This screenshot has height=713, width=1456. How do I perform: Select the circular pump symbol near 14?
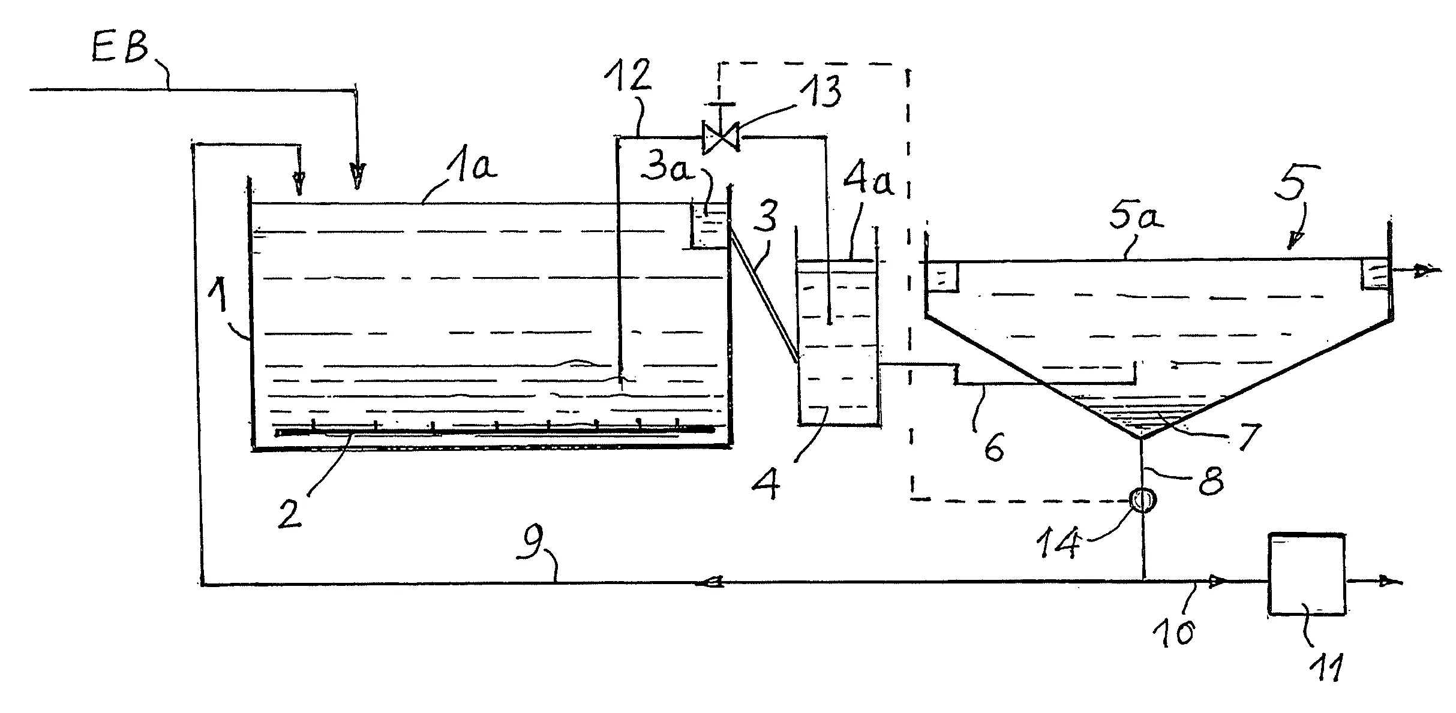point(1143,500)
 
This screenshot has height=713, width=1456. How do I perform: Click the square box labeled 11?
point(1306,574)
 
